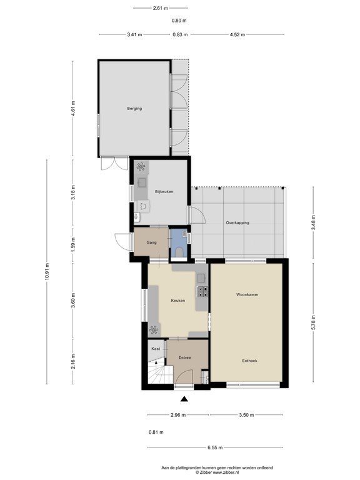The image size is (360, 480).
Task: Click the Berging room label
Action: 134,109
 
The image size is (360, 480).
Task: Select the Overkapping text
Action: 237,223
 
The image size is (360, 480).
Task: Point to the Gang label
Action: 151,242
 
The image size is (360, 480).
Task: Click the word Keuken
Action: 177,301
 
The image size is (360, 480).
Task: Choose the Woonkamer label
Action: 247,294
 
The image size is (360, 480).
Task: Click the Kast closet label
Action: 156,349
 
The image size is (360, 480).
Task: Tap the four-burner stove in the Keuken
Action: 202,291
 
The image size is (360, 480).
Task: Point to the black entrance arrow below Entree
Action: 184,399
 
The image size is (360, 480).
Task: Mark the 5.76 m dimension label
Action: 314,324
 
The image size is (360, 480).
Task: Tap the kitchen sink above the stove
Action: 201,277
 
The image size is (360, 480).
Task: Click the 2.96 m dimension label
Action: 178,415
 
